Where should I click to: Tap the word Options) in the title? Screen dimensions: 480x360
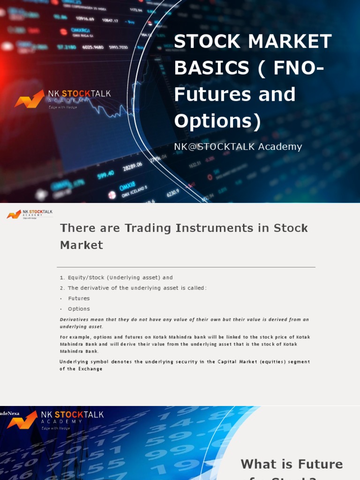click(x=217, y=121)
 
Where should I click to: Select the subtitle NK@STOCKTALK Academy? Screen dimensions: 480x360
click(x=238, y=147)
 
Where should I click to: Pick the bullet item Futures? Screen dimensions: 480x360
click(x=79, y=299)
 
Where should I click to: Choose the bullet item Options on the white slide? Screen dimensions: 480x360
click(x=79, y=309)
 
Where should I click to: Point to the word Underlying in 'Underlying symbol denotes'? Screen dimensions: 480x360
click(x=75, y=362)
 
